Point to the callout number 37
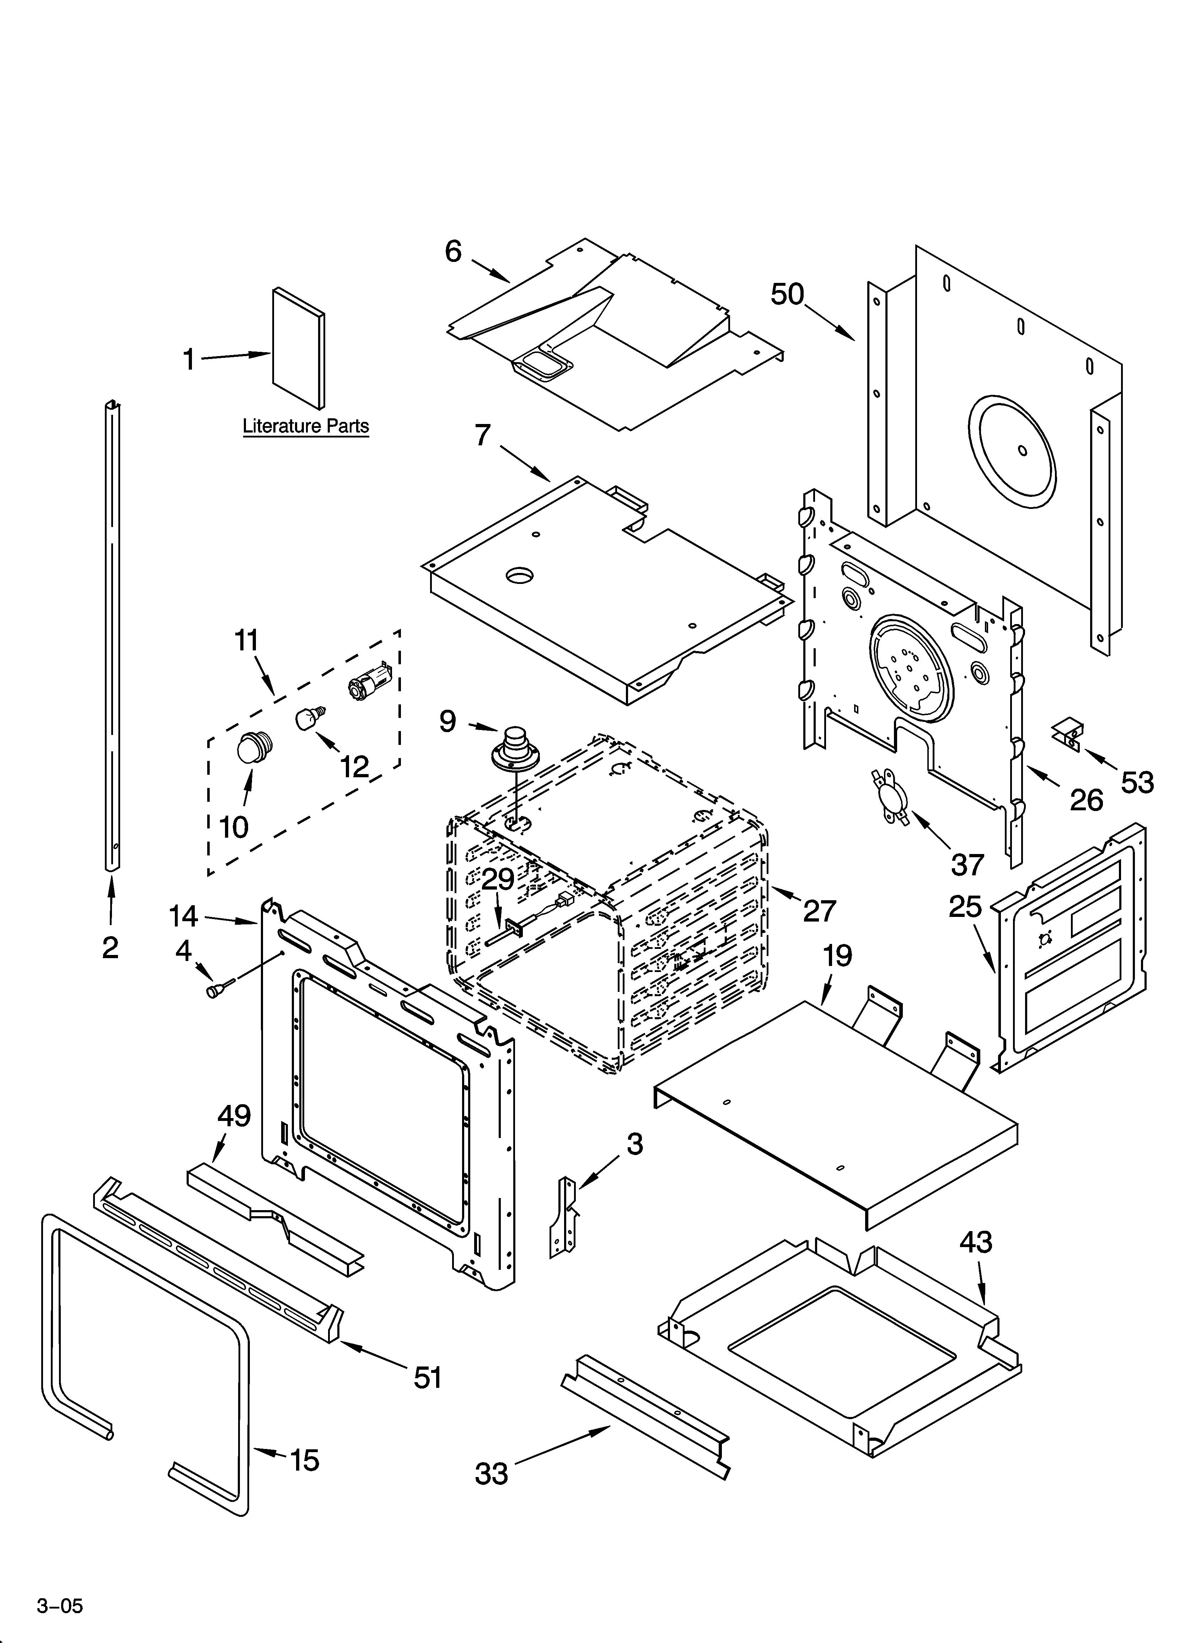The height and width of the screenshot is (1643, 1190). tap(967, 864)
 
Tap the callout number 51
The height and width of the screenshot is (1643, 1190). tap(428, 1378)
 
